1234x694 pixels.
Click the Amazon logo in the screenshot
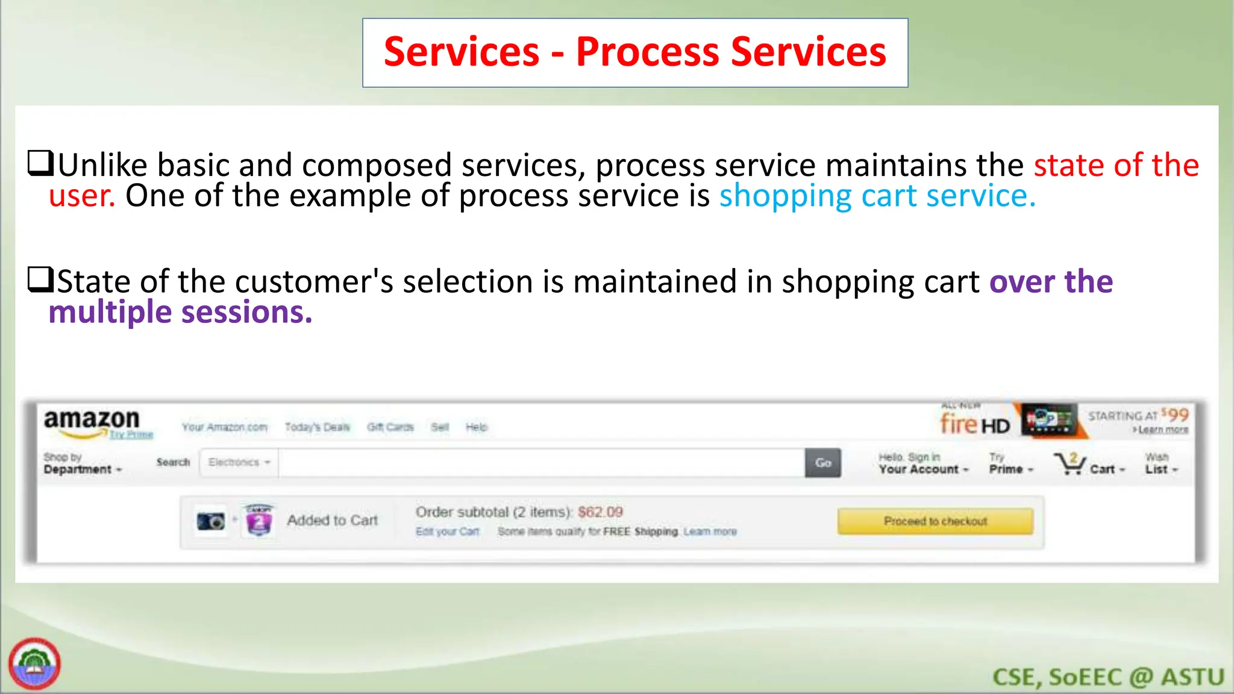[92, 420]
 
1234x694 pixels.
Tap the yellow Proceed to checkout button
[935, 521]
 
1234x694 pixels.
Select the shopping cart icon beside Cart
[1069, 464]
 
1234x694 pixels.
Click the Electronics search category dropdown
[239, 463]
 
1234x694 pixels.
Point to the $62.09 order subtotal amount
[600, 512]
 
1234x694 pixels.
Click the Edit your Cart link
[447, 531]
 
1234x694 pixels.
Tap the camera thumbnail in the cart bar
[210, 521]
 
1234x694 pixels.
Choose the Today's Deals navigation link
[317, 427]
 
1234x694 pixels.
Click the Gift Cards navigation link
[390, 427]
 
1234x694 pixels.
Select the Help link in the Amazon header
[476, 427]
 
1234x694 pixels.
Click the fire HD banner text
[975, 425]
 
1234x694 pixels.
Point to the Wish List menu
[1160, 464]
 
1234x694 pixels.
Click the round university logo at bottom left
[34, 664]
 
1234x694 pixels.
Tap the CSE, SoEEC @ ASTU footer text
[1108, 677]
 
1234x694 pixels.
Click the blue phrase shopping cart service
[877, 196]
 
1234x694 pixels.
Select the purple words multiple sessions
[180, 313]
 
